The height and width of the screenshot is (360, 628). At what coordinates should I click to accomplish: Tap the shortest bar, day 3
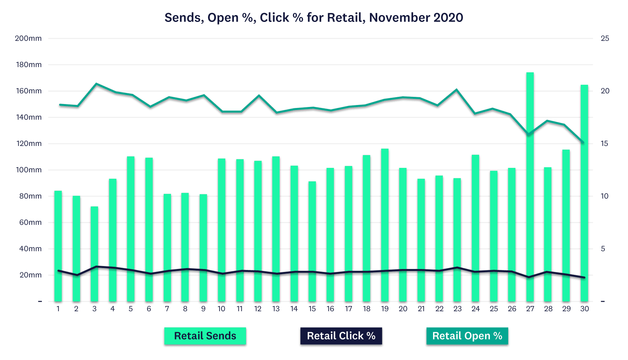click(x=94, y=254)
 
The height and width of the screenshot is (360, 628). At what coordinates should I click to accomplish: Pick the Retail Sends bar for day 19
click(x=385, y=226)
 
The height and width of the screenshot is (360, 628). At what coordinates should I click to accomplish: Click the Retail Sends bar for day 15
click(x=312, y=242)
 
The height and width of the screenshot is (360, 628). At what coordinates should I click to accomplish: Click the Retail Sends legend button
click(x=205, y=336)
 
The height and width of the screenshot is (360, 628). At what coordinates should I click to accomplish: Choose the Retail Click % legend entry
click(x=341, y=336)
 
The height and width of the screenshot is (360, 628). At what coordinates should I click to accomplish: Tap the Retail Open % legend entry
click(x=467, y=336)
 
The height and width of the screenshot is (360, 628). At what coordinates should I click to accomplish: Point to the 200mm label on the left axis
click(x=28, y=38)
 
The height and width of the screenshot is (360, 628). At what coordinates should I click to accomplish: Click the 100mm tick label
click(x=29, y=170)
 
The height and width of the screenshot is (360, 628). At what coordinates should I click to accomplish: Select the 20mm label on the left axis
click(x=30, y=275)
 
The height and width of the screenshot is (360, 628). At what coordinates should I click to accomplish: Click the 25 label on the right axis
click(x=605, y=38)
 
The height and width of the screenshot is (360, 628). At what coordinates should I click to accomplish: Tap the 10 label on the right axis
click(x=604, y=196)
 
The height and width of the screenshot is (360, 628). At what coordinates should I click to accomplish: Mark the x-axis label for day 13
click(x=276, y=309)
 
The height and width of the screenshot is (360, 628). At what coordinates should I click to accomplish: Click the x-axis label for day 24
click(x=475, y=309)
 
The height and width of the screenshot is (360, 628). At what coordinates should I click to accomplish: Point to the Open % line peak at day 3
click(x=96, y=84)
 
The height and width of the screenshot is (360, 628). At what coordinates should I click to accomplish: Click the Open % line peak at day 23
click(x=457, y=89)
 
